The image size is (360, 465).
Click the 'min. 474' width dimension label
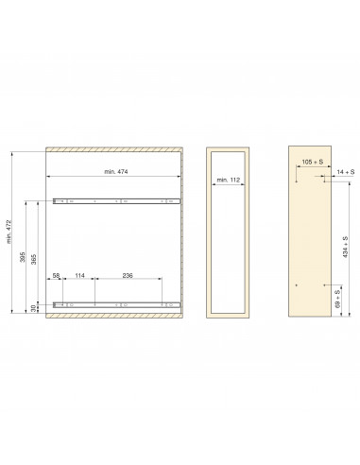(119, 170)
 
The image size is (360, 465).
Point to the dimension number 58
(58, 276)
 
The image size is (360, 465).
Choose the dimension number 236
(127, 276)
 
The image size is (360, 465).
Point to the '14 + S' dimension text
(346, 171)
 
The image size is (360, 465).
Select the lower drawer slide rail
(116, 304)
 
